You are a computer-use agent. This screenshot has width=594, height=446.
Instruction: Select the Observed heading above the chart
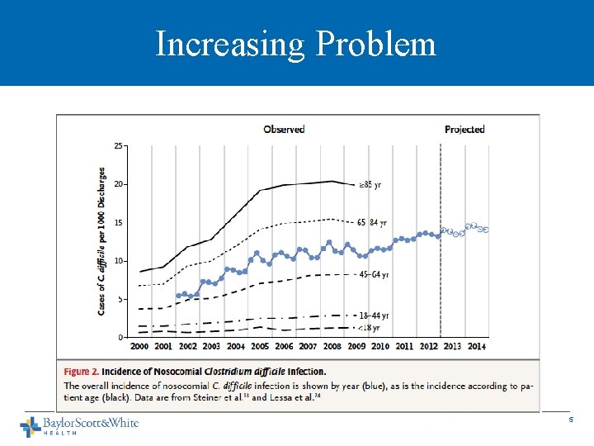[284, 129]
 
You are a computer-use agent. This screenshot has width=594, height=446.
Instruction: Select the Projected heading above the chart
[464, 129]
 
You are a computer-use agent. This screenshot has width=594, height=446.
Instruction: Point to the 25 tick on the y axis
[119, 145]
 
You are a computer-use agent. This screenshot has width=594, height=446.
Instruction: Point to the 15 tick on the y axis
[119, 222]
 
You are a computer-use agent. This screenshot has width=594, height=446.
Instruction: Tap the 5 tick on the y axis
[121, 299]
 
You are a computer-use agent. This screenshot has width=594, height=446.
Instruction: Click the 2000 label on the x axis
[140, 346]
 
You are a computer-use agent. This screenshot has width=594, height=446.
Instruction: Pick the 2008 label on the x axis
[332, 346]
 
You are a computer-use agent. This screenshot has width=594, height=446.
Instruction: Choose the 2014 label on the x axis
[477, 346]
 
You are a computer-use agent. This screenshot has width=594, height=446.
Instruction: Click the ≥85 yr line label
[369, 185]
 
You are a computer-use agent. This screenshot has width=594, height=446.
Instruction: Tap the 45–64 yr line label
[373, 274]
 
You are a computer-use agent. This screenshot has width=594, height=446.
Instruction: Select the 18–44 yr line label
[373, 316]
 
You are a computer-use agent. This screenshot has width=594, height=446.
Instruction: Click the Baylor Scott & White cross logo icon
[31, 426]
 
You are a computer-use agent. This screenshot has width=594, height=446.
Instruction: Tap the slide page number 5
[569, 421]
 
